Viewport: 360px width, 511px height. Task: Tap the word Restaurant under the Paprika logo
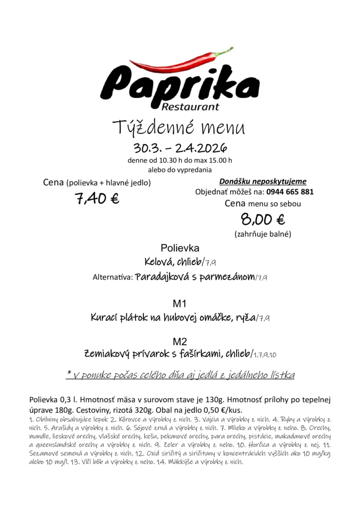[190, 106]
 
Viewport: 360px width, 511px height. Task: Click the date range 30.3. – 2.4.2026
[180, 148]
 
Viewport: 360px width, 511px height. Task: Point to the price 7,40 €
[97, 199]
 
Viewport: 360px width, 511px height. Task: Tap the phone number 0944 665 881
[290, 192]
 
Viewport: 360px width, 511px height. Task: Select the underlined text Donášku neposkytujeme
[263, 182]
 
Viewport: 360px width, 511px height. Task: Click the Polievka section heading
[180, 248]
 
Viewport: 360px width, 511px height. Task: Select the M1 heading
[180, 303]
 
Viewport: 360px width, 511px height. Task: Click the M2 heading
[180, 342]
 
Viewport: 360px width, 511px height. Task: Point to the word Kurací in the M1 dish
[106, 317]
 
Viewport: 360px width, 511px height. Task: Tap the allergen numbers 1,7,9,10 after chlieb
[265, 355]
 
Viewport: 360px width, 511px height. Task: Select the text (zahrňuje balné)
[263, 234]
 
